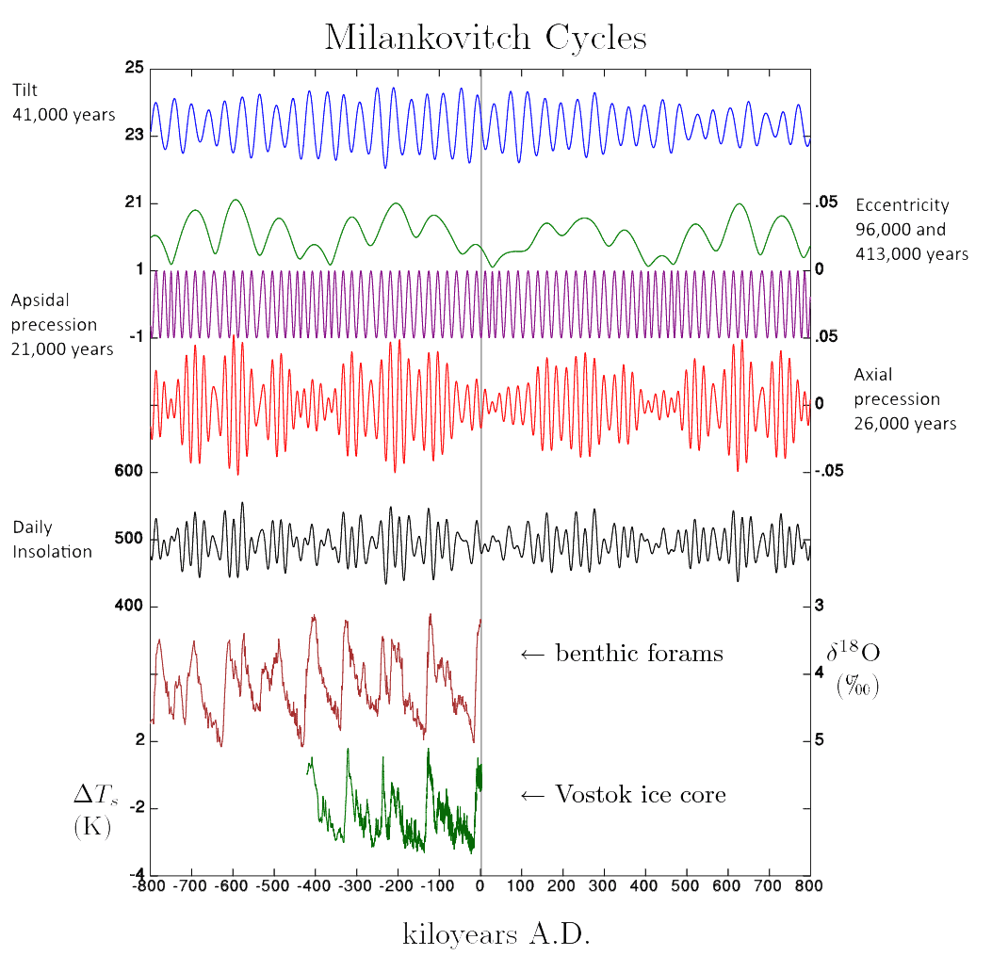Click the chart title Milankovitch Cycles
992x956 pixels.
[485, 38]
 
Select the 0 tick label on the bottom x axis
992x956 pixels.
[480, 886]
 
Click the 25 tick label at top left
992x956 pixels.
[133, 68]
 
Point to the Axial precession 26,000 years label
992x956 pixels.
[904, 399]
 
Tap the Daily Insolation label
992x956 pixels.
[52, 539]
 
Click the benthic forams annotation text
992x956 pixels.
[639, 654]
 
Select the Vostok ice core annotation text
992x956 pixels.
[641, 795]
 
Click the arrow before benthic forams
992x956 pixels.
[533, 655]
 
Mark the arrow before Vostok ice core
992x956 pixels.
[533, 796]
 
